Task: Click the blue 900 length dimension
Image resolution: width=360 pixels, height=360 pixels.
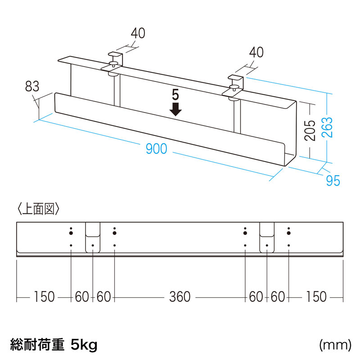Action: click(x=156, y=148)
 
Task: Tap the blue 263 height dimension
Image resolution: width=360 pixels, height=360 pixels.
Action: click(x=327, y=127)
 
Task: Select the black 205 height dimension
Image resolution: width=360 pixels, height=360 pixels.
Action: click(x=310, y=130)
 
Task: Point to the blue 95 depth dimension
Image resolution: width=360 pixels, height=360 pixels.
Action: click(x=333, y=180)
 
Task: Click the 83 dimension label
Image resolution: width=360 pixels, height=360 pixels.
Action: click(x=32, y=86)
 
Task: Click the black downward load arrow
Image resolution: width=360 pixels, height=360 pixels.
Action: click(x=175, y=109)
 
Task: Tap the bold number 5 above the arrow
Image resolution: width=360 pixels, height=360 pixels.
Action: click(x=175, y=95)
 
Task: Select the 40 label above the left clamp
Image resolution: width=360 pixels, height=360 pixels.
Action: click(x=138, y=33)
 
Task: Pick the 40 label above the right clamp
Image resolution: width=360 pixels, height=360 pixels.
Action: click(x=256, y=52)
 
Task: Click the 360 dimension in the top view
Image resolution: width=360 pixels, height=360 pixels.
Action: click(x=180, y=297)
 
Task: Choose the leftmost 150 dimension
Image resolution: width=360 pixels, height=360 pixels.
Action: click(x=44, y=297)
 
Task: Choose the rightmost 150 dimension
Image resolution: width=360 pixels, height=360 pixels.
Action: click(x=316, y=297)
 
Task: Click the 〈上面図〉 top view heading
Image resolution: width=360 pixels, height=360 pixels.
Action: click(x=38, y=209)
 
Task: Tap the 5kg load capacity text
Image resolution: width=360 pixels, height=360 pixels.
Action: click(x=84, y=345)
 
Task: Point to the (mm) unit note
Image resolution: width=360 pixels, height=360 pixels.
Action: click(x=335, y=345)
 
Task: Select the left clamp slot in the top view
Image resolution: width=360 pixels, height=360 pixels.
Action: click(x=93, y=238)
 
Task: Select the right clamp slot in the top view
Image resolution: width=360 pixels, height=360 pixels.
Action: click(x=267, y=238)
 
